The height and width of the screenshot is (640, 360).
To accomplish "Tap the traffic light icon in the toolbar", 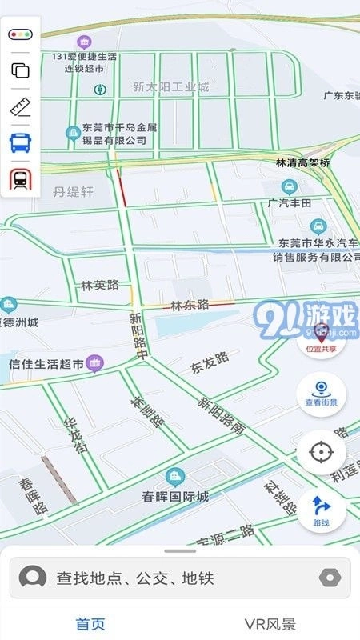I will tap(21, 35).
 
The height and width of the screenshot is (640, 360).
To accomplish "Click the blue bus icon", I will tap(21, 143).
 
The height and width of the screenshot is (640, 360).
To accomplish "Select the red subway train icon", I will tap(21, 179).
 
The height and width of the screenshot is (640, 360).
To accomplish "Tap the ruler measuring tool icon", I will tap(21, 107).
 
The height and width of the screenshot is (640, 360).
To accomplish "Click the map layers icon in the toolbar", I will tap(21, 70).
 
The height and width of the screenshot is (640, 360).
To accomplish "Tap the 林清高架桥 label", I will tap(302, 162).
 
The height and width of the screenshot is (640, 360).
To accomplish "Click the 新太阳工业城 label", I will tap(170, 86).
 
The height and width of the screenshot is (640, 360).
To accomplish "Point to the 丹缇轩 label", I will tap(74, 192).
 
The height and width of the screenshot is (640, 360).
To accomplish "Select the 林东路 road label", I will tap(190, 305).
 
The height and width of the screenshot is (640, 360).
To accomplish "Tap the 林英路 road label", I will tap(99, 285).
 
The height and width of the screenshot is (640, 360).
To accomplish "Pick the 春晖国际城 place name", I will tap(175, 496).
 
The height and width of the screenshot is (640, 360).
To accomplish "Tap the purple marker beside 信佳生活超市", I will tap(95, 364).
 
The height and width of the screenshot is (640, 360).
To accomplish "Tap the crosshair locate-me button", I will tap(321, 453).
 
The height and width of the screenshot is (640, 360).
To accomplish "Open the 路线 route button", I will tap(321, 510).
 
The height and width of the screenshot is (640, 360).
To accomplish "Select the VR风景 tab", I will tap(270, 624).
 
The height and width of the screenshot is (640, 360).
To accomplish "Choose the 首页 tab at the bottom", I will tap(90, 624).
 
